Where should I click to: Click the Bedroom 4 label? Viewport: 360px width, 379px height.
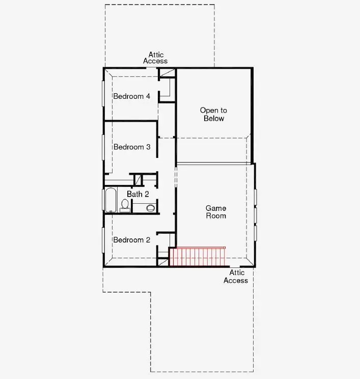coord(131,96)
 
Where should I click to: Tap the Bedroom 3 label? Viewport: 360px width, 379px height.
coord(131,147)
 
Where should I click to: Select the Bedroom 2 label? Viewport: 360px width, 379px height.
coord(131,240)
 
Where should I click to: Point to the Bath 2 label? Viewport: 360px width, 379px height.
coord(137,194)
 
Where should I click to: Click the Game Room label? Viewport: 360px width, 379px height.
coord(216,212)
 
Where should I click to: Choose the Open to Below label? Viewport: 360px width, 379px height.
coord(213,115)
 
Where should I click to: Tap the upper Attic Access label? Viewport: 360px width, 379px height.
coord(155,58)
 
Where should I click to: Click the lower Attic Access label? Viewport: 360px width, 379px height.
coord(236,277)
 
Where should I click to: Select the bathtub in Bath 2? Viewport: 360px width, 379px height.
coord(110,200)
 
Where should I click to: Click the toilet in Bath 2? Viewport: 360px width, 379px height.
coord(125,205)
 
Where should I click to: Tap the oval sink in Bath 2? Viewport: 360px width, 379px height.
coord(150,208)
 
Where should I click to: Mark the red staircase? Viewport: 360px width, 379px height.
coord(197,257)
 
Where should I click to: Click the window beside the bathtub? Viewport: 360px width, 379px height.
coord(103,200)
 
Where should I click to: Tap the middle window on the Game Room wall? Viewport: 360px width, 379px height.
coord(255,214)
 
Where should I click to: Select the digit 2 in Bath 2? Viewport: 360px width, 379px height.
coord(147,194)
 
